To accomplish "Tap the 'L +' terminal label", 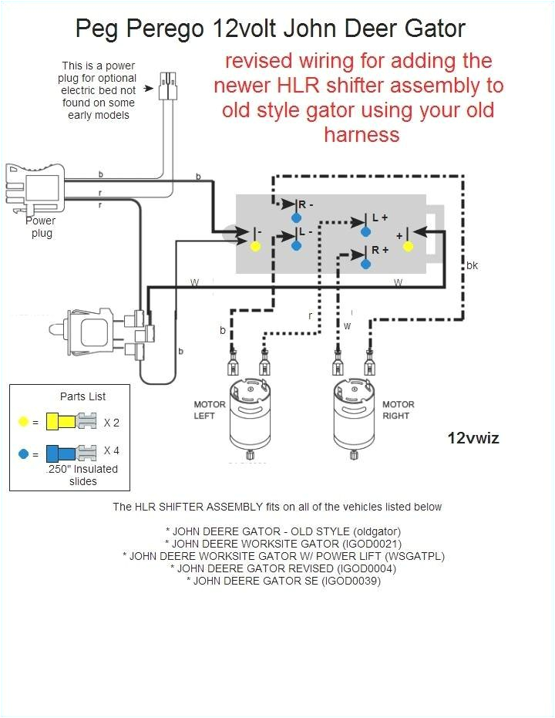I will tap(379, 218).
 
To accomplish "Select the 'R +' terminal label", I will tap(379, 250).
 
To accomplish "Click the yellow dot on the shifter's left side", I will tap(256, 247).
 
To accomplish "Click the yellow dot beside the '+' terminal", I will tap(409, 247).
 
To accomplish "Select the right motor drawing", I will tap(355, 416).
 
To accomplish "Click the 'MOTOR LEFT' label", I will tap(209, 410).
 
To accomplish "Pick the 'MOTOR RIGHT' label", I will tap(398, 410).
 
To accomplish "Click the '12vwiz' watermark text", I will tap(473, 438).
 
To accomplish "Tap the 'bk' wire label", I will tap(472, 265).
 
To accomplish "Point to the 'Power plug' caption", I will tap(41, 226).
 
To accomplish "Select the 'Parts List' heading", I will tap(82, 396).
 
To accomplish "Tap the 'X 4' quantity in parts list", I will tap(111, 451).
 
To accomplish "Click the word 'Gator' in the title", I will tap(436, 29).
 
